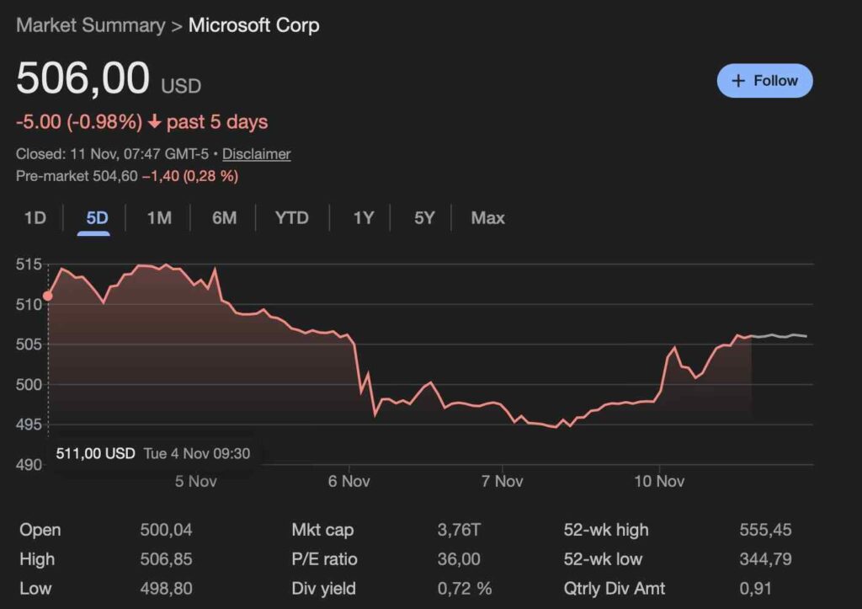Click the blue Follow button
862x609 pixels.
pos(764,81)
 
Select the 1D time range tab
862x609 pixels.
pos(35,218)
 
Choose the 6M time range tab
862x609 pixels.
pos(224,218)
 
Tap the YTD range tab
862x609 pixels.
pos(291,218)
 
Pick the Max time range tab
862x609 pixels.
pos(487,218)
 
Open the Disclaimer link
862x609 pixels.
pos(256,154)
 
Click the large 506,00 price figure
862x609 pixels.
pos(82,79)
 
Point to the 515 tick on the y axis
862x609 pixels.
pos(29,264)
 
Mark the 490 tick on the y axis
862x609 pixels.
pos(29,464)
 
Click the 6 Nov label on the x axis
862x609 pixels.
pos(349,481)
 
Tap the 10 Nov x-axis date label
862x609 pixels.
pos(659,481)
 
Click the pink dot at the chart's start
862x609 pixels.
pos(47,296)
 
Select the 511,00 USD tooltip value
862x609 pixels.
pos(95,453)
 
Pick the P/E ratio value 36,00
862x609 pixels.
pos(459,559)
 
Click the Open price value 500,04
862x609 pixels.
pos(166,530)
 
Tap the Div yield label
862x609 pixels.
pos(323,588)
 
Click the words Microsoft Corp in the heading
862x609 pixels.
pos(253,25)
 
